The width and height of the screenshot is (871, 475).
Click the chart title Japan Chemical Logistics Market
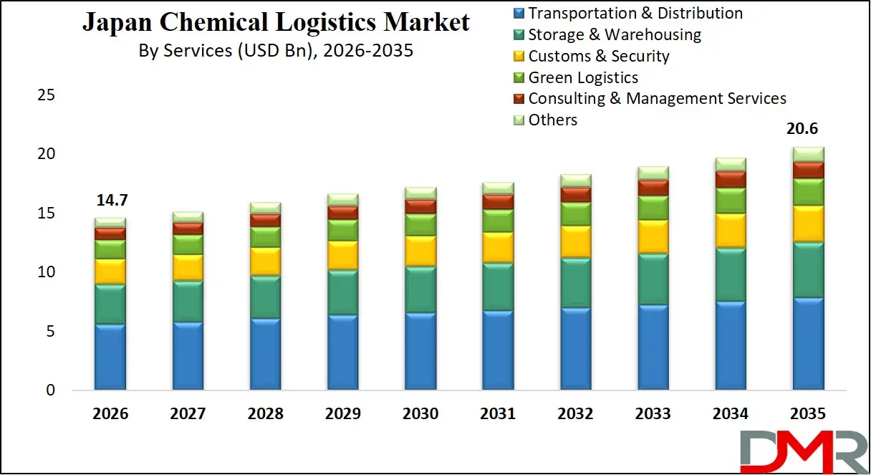(x=276, y=22)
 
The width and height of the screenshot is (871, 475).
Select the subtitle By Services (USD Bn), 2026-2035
(x=276, y=51)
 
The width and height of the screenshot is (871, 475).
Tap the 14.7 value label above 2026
(x=110, y=201)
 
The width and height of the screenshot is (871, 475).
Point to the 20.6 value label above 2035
(x=807, y=130)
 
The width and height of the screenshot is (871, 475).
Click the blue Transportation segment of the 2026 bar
(x=110, y=357)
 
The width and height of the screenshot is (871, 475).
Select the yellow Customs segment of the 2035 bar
(x=807, y=224)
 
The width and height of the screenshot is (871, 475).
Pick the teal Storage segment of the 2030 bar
(x=420, y=289)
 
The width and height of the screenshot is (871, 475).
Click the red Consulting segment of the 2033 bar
(x=653, y=188)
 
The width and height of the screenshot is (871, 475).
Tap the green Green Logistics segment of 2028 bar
(x=265, y=237)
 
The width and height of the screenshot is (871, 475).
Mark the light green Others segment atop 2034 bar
(x=730, y=164)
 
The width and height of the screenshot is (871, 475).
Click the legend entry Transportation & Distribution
(x=635, y=13)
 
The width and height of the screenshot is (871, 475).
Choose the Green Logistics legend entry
(x=582, y=77)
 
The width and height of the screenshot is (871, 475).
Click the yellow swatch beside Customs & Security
(x=519, y=57)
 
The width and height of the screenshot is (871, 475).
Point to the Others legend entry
(x=552, y=120)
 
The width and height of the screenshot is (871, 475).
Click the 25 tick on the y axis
(x=46, y=95)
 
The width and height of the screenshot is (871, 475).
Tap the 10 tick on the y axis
(x=46, y=272)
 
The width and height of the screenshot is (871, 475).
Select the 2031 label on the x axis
(x=498, y=414)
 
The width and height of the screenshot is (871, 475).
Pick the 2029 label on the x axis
(x=342, y=414)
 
